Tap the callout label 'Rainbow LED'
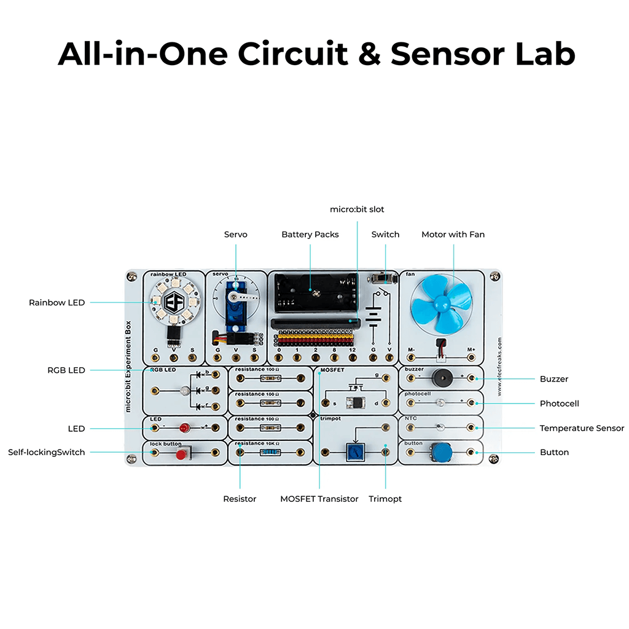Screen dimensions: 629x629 pyautogui.click(x=57, y=302)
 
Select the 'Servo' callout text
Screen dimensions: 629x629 pyautogui.click(x=235, y=235)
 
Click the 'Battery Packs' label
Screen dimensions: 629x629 pyautogui.click(x=310, y=235)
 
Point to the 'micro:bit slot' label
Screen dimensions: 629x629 pyautogui.click(x=357, y=209)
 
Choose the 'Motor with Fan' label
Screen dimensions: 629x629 pyautogui.click(x=453, y=235)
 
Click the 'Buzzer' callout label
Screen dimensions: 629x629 pyautogui.click(x=553, y=379)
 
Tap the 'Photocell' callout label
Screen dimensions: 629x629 pyautogui.click(x=559, y=404)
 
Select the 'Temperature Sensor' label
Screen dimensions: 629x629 pyautogui.click(x=581, y=428)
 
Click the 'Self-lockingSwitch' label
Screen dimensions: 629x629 pyautogui.click(x=47, y=452)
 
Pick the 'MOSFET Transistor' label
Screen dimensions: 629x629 pyautogui.click(x=319, y=499)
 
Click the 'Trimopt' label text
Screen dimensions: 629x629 pyautogui.click(x=385, y=499)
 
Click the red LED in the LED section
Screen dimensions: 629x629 pyautogui.click(x=184, y=427)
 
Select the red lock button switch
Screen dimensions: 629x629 pyautogui.click(x=181, y=455)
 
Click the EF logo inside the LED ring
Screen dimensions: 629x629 pyautogui.click(x=174, y=301)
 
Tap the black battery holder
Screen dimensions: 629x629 pyautogui.click(x=316, y=293)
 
